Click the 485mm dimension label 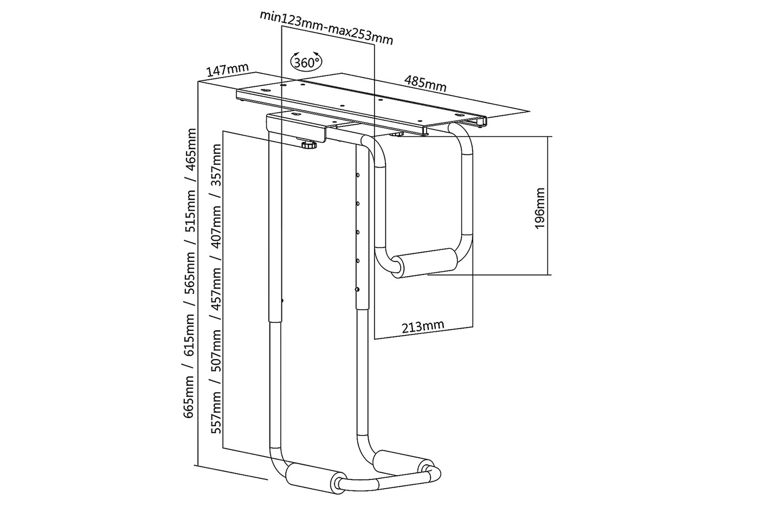click(x=425, y=83)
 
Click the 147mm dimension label click(x=227, y=70)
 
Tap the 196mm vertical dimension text click(x=539, y=208)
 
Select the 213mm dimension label click(x=422, y=326)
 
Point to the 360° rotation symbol click(x=306, y=62)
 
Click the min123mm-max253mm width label click(x=326, y=28)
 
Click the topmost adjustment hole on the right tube click(x=358, y=175)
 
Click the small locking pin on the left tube click(x=283, y=300)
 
